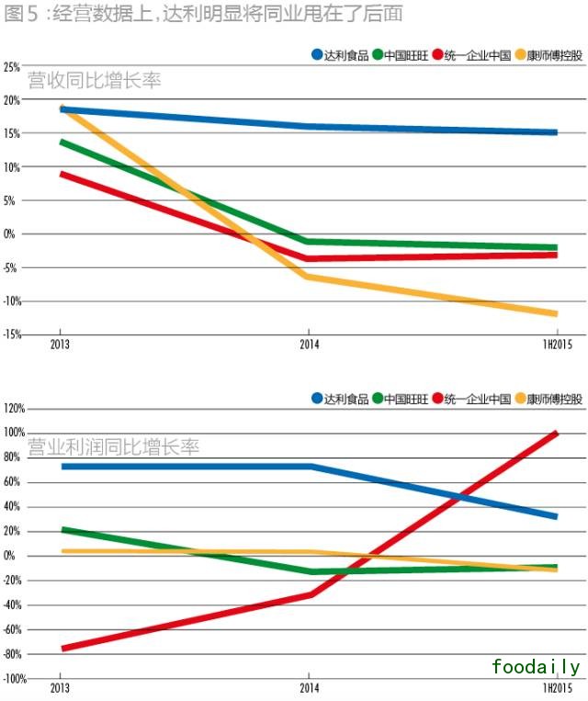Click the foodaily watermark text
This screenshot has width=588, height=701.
[536, 666]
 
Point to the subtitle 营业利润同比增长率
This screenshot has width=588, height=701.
[113, 447]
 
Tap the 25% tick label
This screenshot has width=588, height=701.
[12, 67]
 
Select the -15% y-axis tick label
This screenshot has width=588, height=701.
[11, 334]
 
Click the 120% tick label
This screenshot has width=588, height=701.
[14, 408]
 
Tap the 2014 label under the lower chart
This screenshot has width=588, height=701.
[308, 687]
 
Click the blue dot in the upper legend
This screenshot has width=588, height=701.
[317, 55]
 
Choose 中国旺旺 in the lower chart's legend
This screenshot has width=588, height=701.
[407, 399]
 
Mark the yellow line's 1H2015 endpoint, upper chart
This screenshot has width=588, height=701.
[556, 314]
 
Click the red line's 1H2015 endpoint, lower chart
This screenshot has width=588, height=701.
[556, 433]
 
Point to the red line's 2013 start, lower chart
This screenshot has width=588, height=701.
[62, 649]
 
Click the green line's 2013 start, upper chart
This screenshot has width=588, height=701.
[62, 142]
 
